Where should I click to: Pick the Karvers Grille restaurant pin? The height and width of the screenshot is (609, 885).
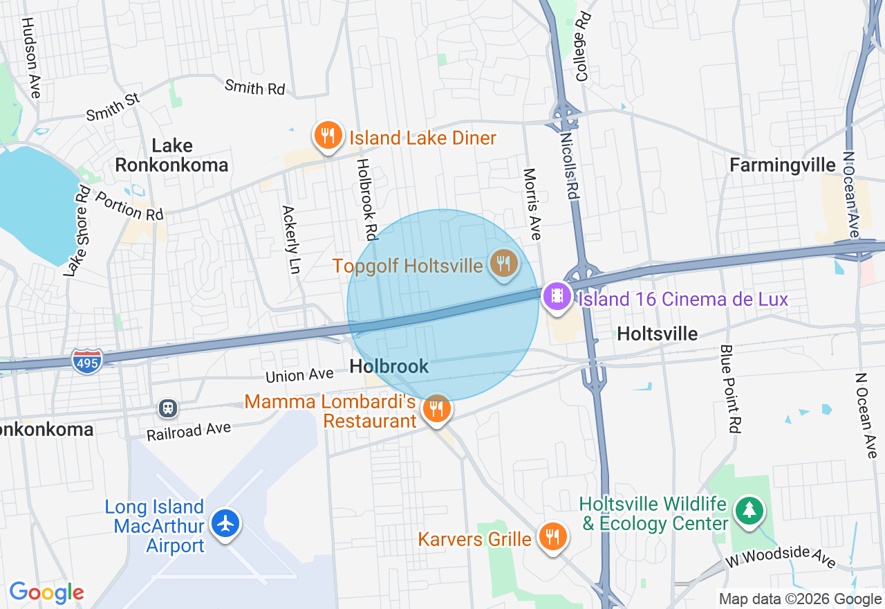552,536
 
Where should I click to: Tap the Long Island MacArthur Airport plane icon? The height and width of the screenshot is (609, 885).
225,524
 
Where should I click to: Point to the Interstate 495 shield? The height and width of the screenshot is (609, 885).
86,361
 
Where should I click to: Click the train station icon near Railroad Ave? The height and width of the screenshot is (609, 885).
167,408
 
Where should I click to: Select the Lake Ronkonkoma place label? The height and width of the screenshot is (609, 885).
171,155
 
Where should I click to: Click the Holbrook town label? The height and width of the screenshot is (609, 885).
389,366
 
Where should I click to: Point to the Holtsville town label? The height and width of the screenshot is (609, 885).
657,334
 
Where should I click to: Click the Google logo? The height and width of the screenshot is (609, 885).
46,592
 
